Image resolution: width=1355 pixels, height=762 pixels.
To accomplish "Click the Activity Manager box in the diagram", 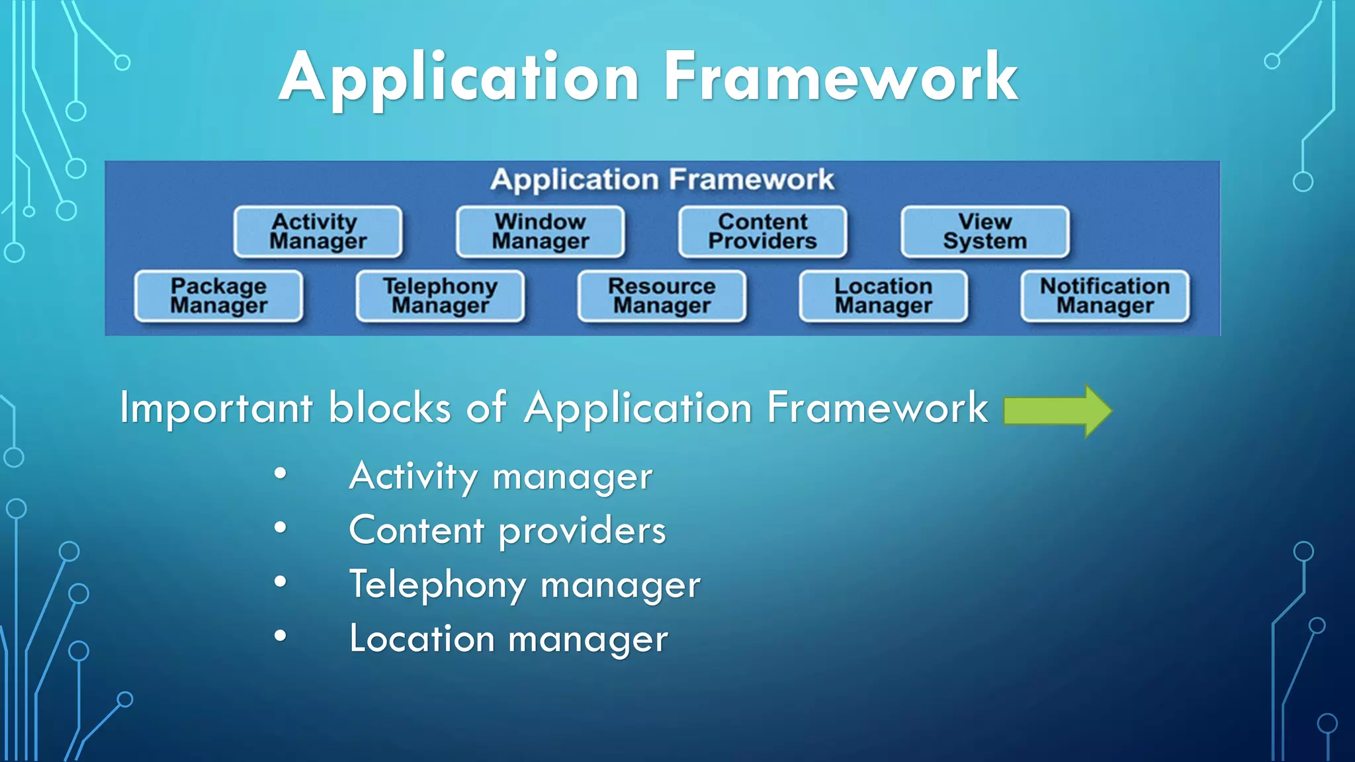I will click(318, 232).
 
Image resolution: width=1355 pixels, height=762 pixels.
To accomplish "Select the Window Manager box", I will click(540, 232).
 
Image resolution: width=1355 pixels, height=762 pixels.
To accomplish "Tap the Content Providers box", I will click(762, 232).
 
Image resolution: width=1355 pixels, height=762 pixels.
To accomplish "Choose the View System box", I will click(984, 232).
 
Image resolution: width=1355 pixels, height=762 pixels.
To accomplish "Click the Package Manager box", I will click(218, 296).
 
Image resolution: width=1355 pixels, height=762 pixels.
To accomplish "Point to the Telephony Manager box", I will click(440, 296).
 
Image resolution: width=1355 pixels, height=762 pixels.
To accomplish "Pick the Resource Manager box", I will click(662, 296).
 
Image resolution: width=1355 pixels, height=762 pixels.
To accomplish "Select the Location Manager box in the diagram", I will click(883, 296).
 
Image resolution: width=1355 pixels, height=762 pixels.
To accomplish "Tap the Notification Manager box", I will click(1105, 296).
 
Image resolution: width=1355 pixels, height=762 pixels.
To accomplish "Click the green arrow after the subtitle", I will click(1057, 411).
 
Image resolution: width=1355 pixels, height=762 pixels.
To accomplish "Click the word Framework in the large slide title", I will click(840, 77).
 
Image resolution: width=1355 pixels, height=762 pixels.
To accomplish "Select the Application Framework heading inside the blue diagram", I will click(662, 179).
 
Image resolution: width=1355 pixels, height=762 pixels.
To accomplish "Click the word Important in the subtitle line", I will click(216, 408).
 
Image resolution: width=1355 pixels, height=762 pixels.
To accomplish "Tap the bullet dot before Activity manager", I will click(281, 473).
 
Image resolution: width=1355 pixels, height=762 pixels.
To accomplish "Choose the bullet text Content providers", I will click(507, 530).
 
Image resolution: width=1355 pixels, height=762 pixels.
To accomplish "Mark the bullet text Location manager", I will click(508, 639).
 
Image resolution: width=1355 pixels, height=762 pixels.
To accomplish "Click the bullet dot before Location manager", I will click(281, 636).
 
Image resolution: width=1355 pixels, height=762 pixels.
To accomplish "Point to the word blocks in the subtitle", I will click(390, 407).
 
